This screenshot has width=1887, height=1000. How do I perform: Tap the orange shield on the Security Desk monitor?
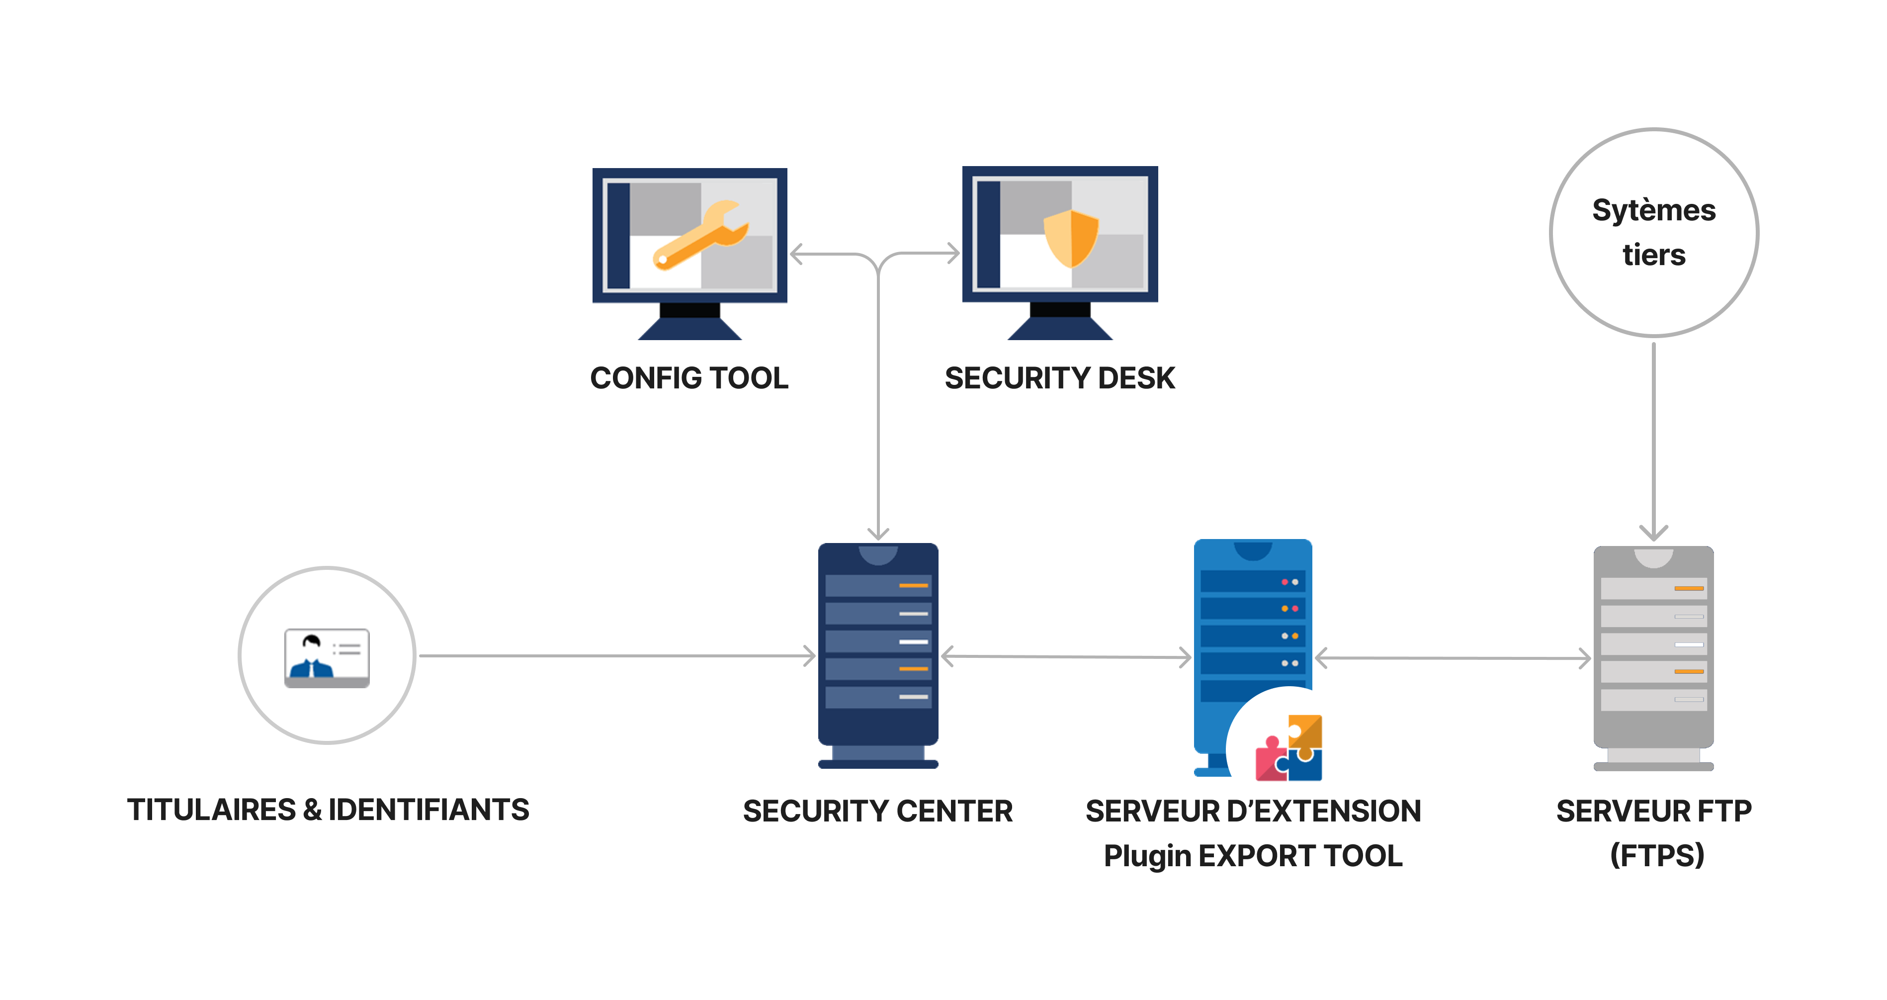(1071, 237)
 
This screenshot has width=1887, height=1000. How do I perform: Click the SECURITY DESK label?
(1059, 378)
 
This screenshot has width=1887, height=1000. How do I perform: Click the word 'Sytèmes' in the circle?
(1653, 210)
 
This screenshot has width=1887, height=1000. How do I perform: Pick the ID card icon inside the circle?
(327, 657)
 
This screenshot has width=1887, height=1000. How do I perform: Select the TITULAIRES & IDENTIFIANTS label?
(328, 810)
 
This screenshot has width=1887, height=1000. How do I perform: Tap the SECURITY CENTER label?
(877, 811)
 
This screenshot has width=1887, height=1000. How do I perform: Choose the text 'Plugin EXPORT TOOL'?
(1253, 856)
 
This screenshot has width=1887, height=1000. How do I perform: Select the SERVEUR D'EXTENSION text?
(1253, 811)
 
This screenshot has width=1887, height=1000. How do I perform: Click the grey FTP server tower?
(1653, 652)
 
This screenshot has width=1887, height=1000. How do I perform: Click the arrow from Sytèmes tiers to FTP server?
(1653, 440)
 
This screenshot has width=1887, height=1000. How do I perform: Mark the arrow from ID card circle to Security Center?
(615, 656)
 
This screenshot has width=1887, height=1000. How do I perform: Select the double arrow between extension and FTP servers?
(1453, 658)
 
